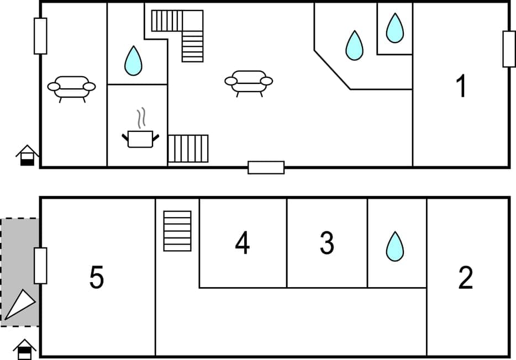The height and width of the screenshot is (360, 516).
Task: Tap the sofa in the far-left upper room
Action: [x=71, y=87]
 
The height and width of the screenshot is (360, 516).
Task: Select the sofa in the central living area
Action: [x=249, y=82]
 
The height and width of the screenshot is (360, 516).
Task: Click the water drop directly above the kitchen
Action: [x=133, y=61]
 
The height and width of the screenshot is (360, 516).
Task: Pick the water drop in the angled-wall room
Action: [x=354, y=45]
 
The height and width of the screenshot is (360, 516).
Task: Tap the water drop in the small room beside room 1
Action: [x=394, y=28]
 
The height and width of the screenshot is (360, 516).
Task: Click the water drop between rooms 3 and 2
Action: [x=394, y=246]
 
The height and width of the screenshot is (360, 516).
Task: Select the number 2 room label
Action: [x=466, y=278]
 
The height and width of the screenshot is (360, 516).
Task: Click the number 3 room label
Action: [x=327, y=243]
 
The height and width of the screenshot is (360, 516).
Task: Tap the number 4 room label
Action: [x=242, y=243]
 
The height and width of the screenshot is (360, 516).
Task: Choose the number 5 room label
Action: [x=97, y=278]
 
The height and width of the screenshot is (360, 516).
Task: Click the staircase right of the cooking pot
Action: [x=188, y=149]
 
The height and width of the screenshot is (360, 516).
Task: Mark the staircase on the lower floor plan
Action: [x=177, y=231]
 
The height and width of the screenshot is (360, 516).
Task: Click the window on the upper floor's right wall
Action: [x=508, y=49]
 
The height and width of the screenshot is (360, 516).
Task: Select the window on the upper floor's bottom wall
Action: [x=266, y=167]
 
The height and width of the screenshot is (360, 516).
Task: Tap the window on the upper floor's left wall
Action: [x=40, y=36]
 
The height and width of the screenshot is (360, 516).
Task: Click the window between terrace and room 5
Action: [x=40, y=266]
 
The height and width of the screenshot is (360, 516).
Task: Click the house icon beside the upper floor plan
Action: [x=27, y=155]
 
